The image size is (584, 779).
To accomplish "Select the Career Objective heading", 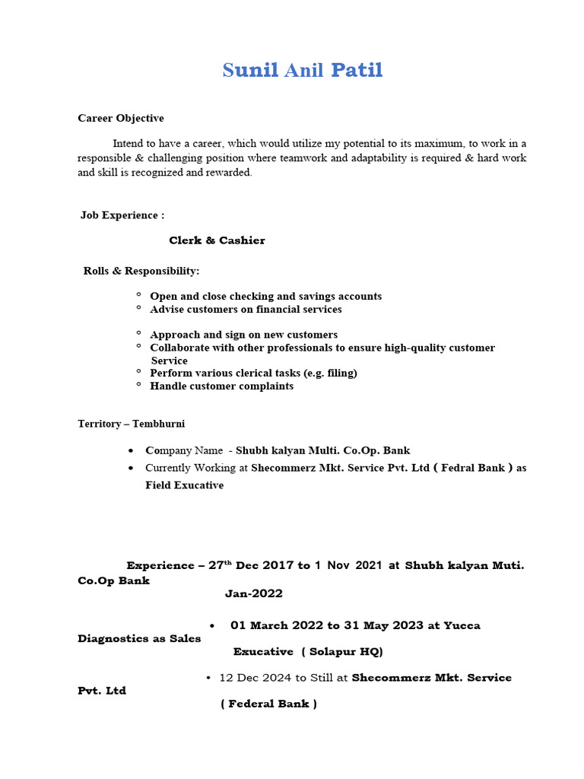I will [x=121, y=118].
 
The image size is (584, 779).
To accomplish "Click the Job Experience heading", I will [x=122, y=215].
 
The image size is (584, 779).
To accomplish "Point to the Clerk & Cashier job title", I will [x=217, y=240].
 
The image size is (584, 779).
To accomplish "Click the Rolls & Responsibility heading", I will [x=141, y=271].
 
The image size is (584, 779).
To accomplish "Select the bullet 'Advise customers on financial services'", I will [x=246, y=309].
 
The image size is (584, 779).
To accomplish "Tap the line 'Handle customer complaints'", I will [x=221, y=386].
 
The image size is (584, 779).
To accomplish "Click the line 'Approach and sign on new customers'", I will [x=243, y=335].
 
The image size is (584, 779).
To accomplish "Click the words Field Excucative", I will [x=184, y=485].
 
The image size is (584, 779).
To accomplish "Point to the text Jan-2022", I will [x=253, y=593].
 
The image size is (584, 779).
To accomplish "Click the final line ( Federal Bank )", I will [x=268, y=704].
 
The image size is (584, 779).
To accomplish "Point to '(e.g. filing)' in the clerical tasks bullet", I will [x=325, y=373].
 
